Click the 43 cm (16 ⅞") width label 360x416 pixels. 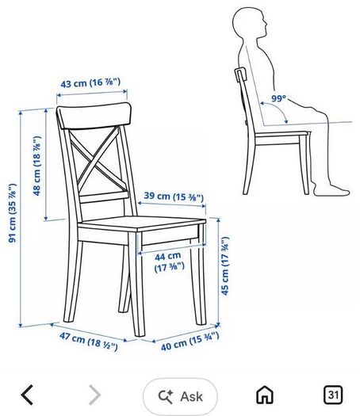point(90,82)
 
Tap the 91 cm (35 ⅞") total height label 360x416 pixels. point(13,213)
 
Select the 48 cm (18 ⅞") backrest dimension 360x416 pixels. point(37,166)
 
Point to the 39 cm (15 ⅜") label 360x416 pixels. point(174,197)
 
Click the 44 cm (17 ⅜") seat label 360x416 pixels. point(170,262)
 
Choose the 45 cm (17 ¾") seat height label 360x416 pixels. point(225,265)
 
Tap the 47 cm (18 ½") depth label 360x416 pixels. point(89,341)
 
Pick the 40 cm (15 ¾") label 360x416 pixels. point(190,342)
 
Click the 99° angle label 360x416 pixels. point(279,98)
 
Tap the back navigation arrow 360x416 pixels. point(27,395)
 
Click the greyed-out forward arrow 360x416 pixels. point(95,395)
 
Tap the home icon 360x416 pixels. point(265,395)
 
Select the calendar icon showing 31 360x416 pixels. point(333,395)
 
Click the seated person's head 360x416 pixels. point(250,23)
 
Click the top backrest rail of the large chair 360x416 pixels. point(95,116)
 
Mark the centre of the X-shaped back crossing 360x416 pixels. point(98,161)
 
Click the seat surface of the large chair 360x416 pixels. point(142,223)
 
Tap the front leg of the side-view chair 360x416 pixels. point(304,165)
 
